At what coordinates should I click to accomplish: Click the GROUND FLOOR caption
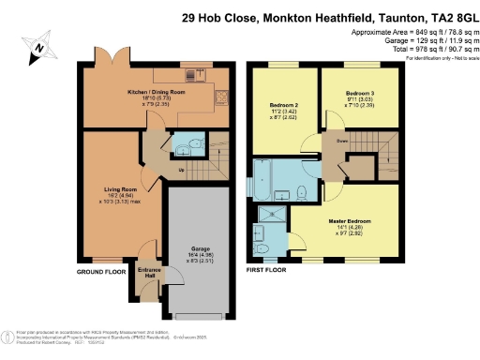101,273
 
